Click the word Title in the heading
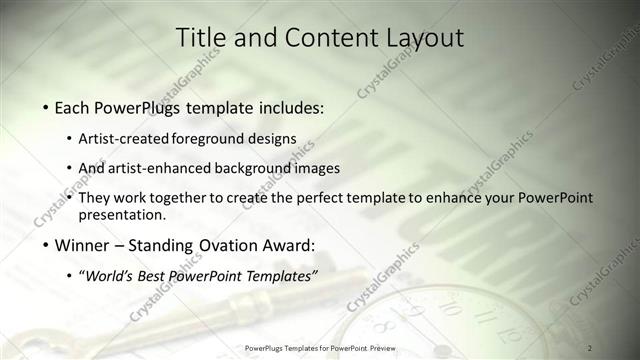200,37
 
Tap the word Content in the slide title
324,37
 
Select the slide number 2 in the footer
590,347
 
